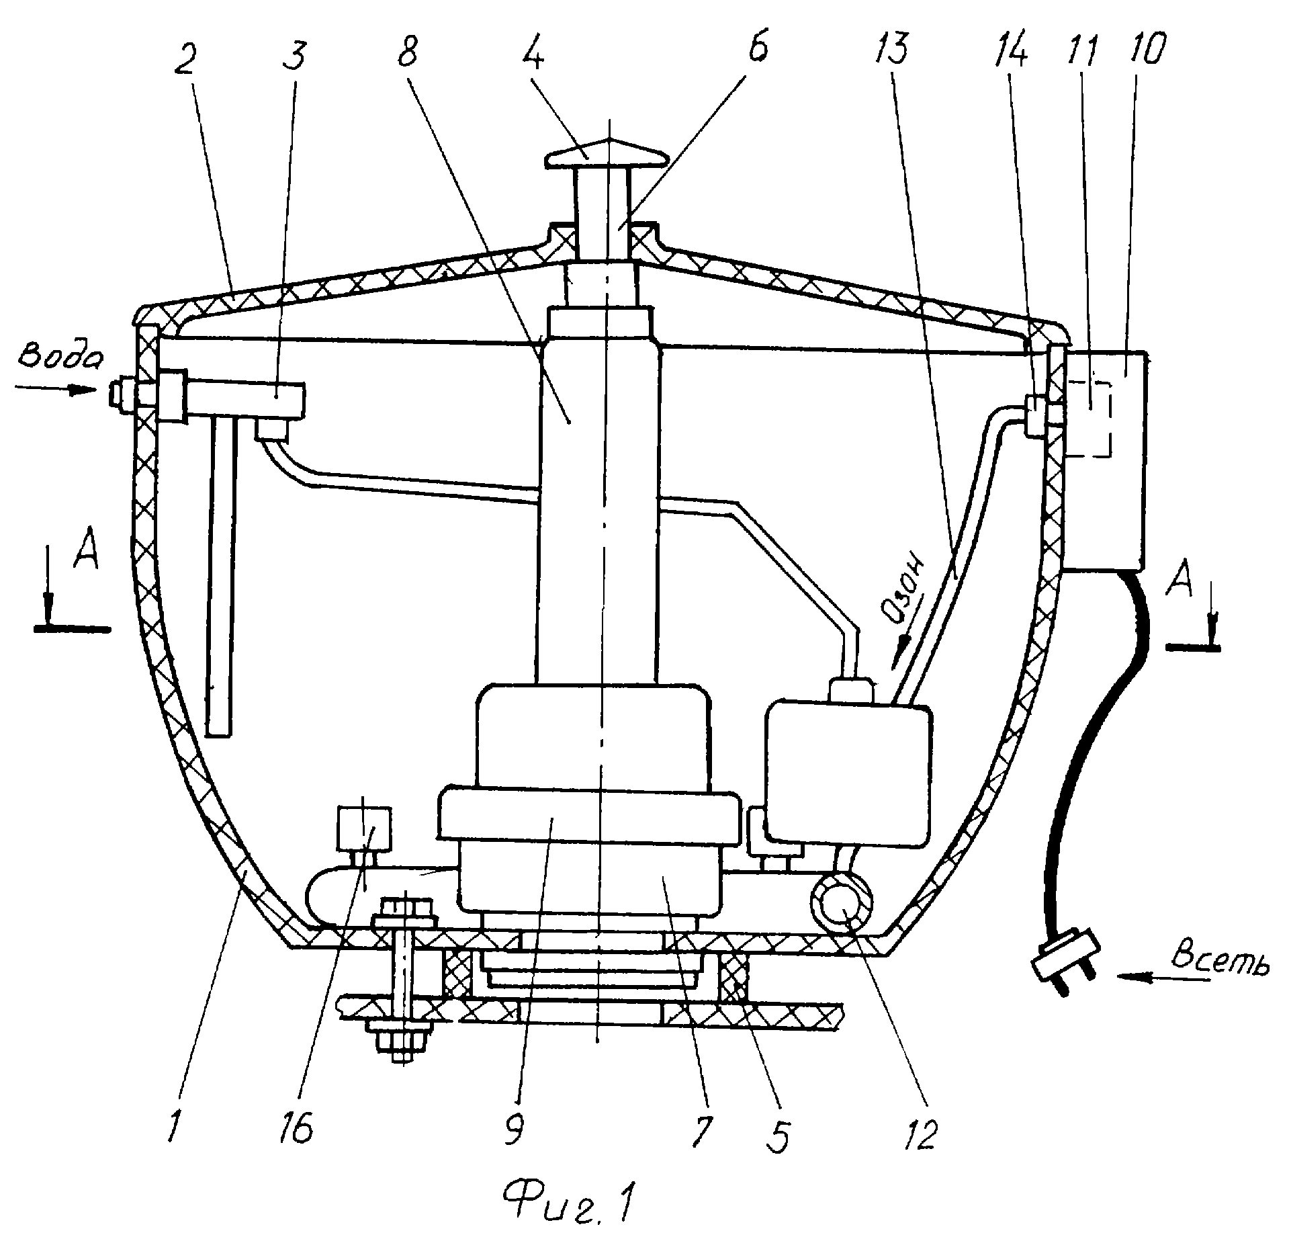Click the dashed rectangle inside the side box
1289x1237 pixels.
coord(1089,419)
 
